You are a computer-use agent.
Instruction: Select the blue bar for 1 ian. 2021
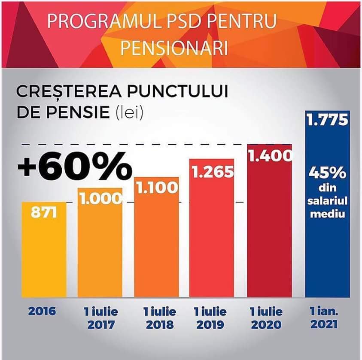click(327, 204)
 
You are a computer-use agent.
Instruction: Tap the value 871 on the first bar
click(44, 212)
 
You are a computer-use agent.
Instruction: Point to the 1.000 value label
click(101, 198)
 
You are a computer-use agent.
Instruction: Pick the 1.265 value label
click(213, 172)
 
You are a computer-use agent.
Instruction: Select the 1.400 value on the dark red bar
click(270, 156)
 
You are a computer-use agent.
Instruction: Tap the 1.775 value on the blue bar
click(327, 120)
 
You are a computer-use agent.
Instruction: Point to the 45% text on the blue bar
click(327, 173)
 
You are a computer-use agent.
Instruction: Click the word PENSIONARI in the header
click(174, 48)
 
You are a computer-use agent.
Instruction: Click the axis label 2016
click(42, 312)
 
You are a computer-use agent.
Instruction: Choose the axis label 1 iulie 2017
click(101, 318)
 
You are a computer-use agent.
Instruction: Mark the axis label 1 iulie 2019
click(210, 318)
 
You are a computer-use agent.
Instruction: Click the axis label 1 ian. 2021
click(324, 318)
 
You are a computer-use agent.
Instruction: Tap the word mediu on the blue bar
click(327, 214)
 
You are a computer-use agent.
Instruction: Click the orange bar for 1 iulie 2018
click(157, 237)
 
